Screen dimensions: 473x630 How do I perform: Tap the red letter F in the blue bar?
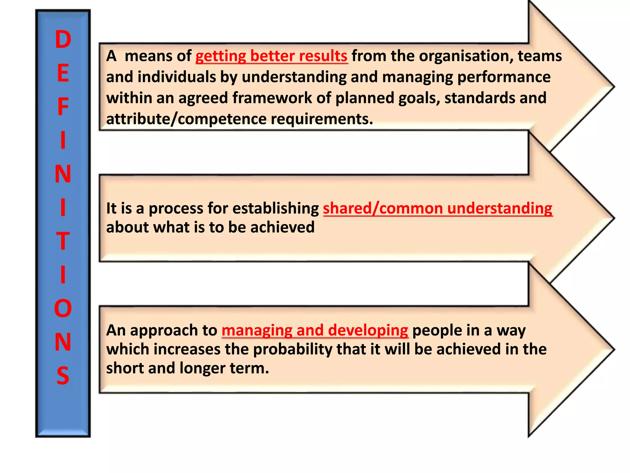pos(63,107)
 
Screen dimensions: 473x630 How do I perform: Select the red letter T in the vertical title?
pos(63,241)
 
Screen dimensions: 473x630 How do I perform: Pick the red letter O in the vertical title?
pos(63,308)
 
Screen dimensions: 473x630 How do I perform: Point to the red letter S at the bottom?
pos(63,375)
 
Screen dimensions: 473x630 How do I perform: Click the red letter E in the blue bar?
pos(63,73)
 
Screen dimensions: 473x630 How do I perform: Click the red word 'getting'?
pos(221,56)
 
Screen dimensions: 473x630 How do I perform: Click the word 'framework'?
pos(272,98)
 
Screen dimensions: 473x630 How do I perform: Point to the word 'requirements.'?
pos(322,119)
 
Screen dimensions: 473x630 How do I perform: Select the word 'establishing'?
pos(276,208)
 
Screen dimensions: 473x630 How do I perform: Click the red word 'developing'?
pos(368,331)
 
